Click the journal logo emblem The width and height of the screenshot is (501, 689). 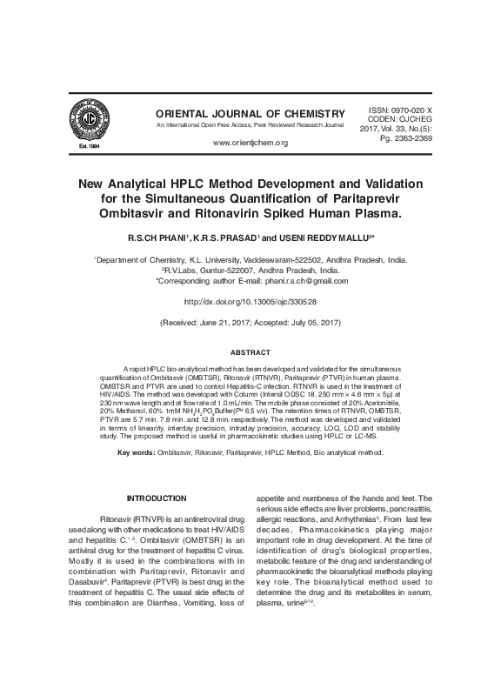click(x=83, y=120)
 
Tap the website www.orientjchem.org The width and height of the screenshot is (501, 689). click(x=250, y=142)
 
